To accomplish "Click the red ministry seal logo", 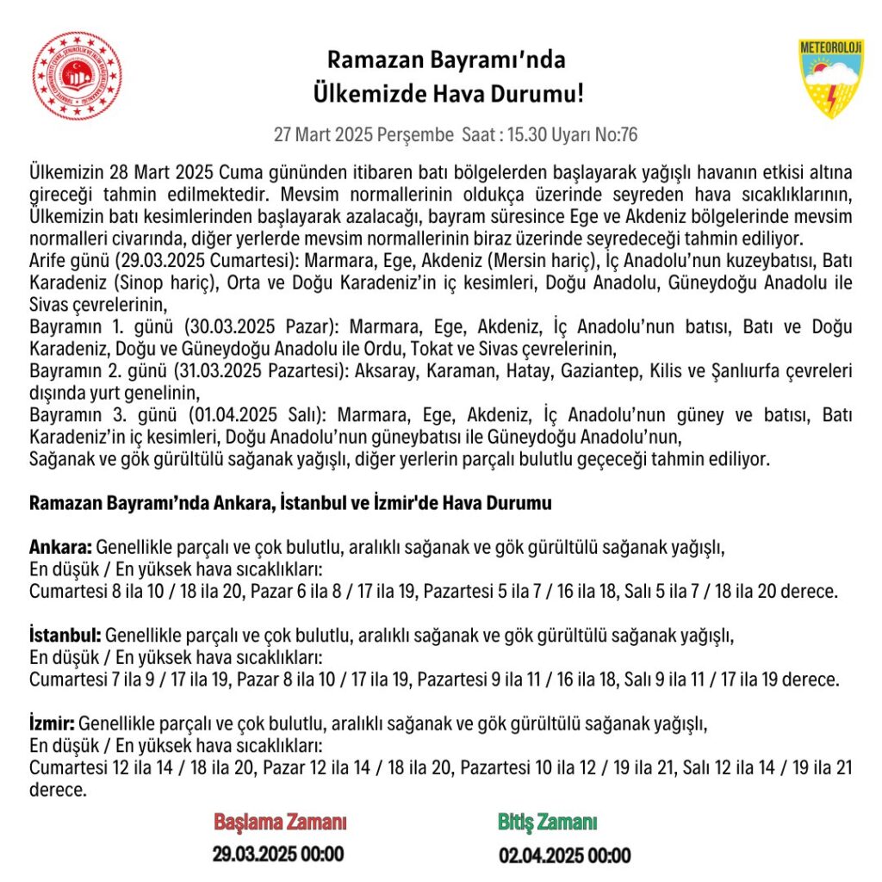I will (x=78, y=76).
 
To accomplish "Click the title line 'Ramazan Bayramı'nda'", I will (x=446, y=60).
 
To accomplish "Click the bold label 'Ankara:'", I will (x=60, y=547).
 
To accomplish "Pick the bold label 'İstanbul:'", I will (x=65, y=636).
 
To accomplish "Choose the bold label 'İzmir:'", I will (x=53, y=723).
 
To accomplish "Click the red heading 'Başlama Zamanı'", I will (x=280, y=822).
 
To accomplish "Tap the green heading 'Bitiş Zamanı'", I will (x=547, y=822).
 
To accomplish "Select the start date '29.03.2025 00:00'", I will (x=278, y=854).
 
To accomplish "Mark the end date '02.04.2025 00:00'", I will (x=564, y=855).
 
